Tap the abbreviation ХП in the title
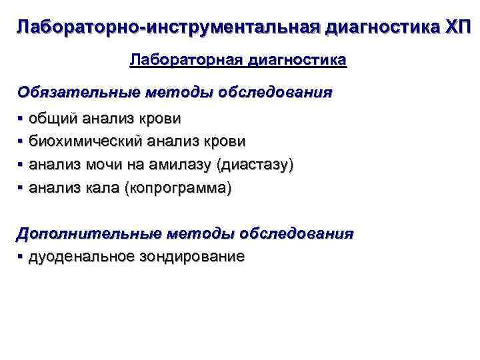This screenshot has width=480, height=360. tap(457, 28)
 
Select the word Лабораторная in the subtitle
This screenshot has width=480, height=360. tap(186, 61)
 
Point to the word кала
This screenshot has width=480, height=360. tap(103, 188)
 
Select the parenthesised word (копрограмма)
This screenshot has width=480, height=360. tap(178, 189)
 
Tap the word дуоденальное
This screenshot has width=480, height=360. tap(81, 257)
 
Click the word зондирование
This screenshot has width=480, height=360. tap(192, 257)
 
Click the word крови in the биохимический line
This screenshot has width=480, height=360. tap(225, 142)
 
